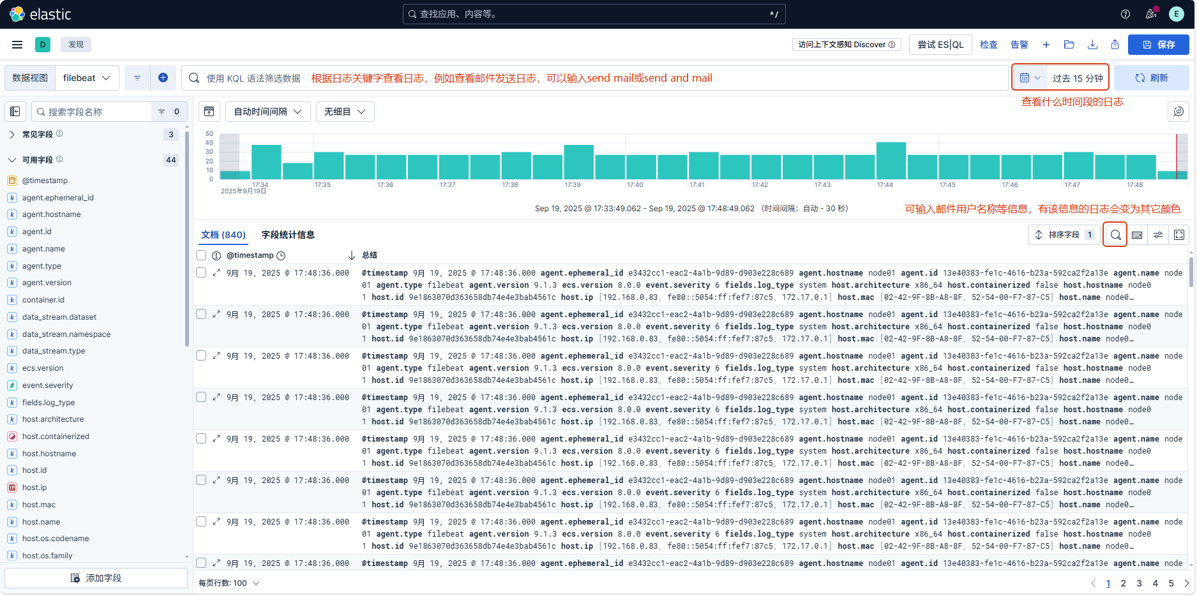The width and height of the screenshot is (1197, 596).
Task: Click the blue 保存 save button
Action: pyautogui.click(x=1158, y=45)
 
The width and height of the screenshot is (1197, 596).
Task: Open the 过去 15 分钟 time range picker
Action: pyautogui.click(x=1077, y=78)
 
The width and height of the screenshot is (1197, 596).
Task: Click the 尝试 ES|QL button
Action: pyautogui.click(x=940, y=45)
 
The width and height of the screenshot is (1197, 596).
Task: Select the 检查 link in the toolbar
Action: pyautogui.click(x=988, y=45)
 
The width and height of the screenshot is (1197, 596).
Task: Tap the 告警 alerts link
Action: pyautogui.click(x=1019, y=45)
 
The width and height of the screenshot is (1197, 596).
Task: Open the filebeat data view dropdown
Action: pyautogui.click(x=87, y=78)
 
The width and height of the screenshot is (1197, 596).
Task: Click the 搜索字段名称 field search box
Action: pyautogui.click(x=93, y=112)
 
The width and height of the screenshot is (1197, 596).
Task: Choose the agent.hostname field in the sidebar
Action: pyautogui.click(x=52, y=214)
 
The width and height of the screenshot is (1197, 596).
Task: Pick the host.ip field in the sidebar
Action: pyautogui.click(x=34, y=488)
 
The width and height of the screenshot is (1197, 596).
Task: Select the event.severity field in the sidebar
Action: pyautogui.click(x=48, y=385)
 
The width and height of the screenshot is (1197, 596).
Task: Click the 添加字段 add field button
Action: pyautogui.click(x=96, y=578)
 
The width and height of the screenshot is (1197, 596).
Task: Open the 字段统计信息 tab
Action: pyautogui.click(x=288, y=235)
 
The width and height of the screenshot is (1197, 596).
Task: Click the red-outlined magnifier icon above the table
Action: pyautogui.click(x=1115, y=235)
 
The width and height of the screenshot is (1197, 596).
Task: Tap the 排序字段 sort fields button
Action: pyautogui.click(x=1064, y=235)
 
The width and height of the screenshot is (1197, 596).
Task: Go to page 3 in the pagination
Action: pyautogui.click(x=1139, y=583)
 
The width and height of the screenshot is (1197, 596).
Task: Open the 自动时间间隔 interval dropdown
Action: pyautogui.click(x=267, y=112)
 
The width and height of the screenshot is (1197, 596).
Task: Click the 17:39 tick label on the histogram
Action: pyautogui.click(x=573, y=185)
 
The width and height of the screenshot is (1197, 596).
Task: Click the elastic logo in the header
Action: pyautogui.click(x=40, y=14)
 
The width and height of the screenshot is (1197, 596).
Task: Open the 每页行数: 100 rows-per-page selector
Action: pyautogui.click(x=229, y=583)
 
